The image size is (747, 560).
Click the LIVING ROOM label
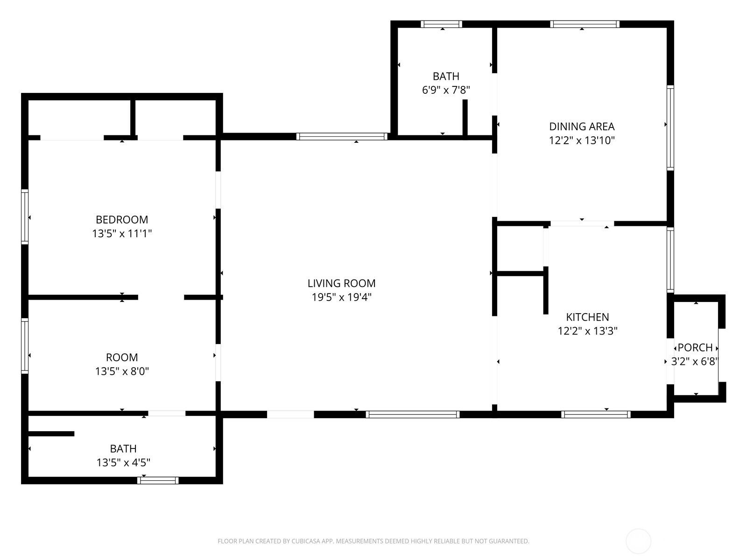pyautogui.click(x=341, y=283)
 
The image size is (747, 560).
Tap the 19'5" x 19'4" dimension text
pyautogui.click(x=341, y=297)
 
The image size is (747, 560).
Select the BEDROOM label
pyautogui.click(x=122, y=220)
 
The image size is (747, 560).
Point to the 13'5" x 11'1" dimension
pyautogui.click(x=122, y=234)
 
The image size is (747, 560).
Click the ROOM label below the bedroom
pyautogui.click(x=122, y=357)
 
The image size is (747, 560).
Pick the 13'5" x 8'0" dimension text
pyautogui.click(x=122, y=371)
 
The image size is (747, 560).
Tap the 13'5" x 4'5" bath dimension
pyautogui.click(x=123, y=462)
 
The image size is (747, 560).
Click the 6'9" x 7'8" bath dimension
pyautogui.click(x=446, y=90)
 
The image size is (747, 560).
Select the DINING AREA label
pyautogui.click(x=582, y=126)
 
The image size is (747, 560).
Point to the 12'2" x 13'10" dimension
pyautogui.click(x=582, y=140)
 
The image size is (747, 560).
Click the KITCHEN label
pyautogui.click(x=587, y=317)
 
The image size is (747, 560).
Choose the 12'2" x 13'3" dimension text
pyautogui.click(x=587, y=331)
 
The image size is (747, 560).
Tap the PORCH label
pyautogui.click(x=695, y=348)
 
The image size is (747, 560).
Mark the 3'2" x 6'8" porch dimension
pyautogui.click(x=695, y=361)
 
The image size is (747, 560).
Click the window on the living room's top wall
pyautogui.click(x=342, y=137)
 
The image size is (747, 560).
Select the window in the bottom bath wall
pyautogui.click(x=158, y=481)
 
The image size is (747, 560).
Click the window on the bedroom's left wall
pyautogui.click(x=24, y=217)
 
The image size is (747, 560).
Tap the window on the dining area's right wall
pyautogui.click(x=670, y=127)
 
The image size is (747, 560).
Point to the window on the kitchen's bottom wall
pyautogui.click(x=596, y=414)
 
